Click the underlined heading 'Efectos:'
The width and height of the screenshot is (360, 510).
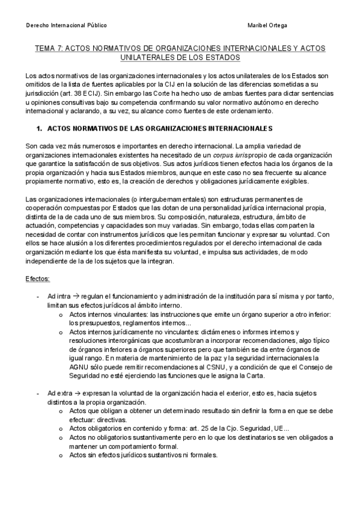click(38, 280)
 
